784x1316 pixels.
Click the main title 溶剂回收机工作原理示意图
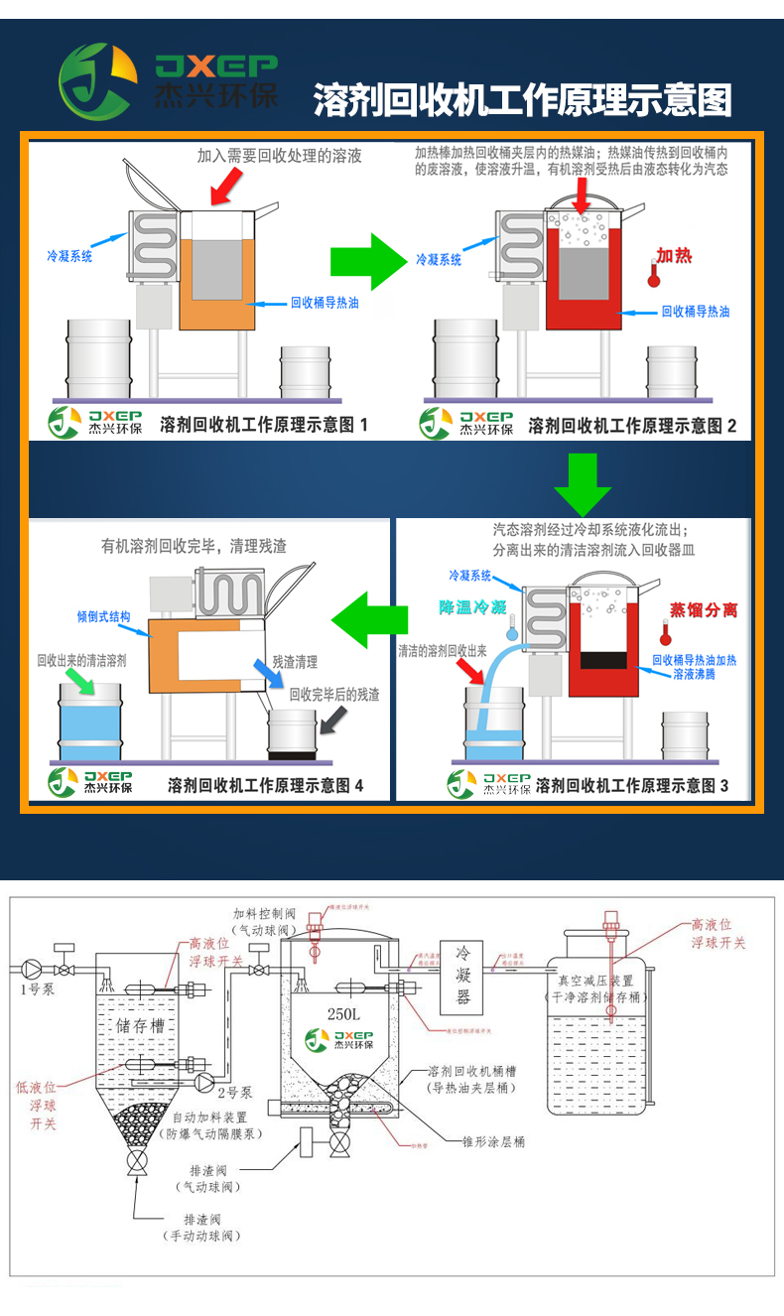click(x=522, y=100)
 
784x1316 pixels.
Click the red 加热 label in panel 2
click(x=674, y=255)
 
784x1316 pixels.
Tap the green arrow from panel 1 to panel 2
click(x=367, y=262)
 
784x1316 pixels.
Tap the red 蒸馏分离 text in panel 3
click(x=703, y=609)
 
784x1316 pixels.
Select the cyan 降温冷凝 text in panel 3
click(x=472, y=605)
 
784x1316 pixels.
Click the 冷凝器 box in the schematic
click(x=461, y=976)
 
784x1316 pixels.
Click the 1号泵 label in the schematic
click(x=37, y=988)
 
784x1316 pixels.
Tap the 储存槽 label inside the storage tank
click(x=140, y=1025)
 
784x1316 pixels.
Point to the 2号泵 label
click(x=235, y=1091)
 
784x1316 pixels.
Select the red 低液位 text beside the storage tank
click(x=37, y=1087)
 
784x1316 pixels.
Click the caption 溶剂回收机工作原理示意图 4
click(x=265, y=785)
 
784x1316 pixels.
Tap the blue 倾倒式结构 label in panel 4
click(x=103, y=616)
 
